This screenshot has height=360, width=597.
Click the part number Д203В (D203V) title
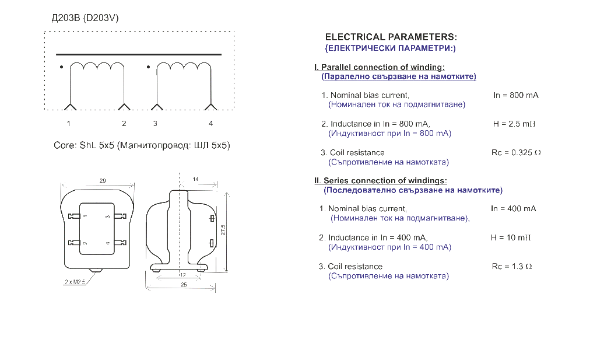[x=85, y=18]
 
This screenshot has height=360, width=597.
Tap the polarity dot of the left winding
[x=61, y=67]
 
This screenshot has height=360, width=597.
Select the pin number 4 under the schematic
[x=211, y=124]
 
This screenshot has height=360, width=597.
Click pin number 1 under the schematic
[x=69, y=124]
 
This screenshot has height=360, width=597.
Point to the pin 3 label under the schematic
[x=155, y=124]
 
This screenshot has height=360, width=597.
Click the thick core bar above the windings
[x=139, y=54]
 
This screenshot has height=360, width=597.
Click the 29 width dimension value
[x=103, y=180]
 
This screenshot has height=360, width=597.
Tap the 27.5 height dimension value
[x=223, y=230]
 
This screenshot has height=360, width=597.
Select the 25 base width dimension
[x=184, y=285]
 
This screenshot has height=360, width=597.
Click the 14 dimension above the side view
[x=195, y=179]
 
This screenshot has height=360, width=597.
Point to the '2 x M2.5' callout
[x=75, y=282]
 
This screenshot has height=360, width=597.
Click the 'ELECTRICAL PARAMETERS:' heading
[x=391, y=37]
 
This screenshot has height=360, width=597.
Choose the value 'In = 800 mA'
[x=516, y=95]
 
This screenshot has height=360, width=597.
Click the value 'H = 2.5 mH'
[x=514, y=124]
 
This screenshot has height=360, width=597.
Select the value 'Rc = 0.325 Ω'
[x=517, y=153]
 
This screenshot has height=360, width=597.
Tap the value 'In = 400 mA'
[x=514, y=209]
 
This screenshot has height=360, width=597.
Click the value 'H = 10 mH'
[x=511, y=237]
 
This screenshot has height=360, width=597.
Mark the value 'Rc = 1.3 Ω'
[x=512, y=267]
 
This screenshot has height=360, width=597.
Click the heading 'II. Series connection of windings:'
[x=381, y=180]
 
